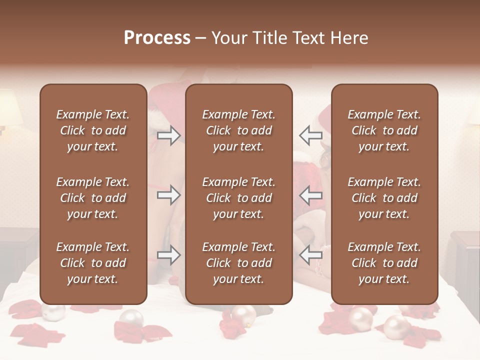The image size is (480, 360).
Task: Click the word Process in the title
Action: click(157, 38)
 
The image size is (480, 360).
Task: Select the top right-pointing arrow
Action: click(168, 135)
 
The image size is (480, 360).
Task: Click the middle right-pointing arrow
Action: click(168, 195)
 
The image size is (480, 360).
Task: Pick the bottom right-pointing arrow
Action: click(168, 255)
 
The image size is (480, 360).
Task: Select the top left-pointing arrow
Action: click(310, 135)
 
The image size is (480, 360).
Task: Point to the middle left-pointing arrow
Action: click(310, 195)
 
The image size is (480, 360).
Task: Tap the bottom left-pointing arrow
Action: click(310, 255)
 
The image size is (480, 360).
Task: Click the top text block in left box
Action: click(93, 130)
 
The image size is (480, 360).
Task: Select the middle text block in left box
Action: click(93, 198)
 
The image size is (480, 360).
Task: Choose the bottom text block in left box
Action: click(93, 263)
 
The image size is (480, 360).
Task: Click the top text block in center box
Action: click(238, 130)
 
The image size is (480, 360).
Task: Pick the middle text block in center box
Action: click(238, 198)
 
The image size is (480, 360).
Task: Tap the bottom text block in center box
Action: click(238, 263)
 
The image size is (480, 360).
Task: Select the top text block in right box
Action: click(384, 130)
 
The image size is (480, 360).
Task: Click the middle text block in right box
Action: click(384, 198)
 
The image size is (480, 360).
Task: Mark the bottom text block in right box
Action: click(384, 263)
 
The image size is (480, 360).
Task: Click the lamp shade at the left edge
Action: click(9, 107)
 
